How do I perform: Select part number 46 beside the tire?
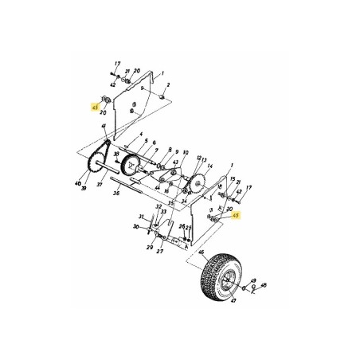[x=202, y=252]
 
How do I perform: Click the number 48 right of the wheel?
[x=264, y=284]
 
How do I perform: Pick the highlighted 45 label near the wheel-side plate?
[x=234, y=214]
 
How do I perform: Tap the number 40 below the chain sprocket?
[x=79, y=184]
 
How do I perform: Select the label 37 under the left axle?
[x=100, y=184]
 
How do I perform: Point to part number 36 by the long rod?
[x=116, y=192]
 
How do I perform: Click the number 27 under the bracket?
[x=159, y=252]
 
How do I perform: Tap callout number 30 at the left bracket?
[x=136, y=227]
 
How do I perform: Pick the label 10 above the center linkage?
[x=186, y=152]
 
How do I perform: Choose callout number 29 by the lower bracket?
[x=148, y=248]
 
